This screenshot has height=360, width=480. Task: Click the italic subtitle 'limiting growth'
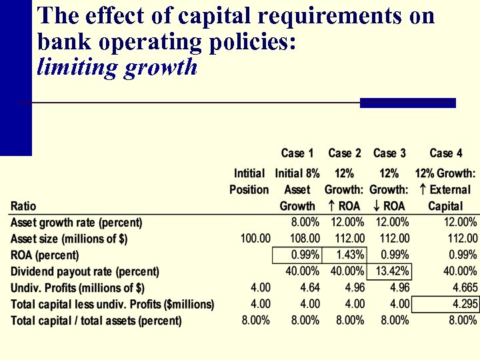click(117, 67)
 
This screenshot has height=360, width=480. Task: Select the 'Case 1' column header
click(297, 153)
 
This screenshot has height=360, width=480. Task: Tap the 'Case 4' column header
click(445, 153)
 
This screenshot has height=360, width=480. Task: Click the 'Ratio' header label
click(23, 206)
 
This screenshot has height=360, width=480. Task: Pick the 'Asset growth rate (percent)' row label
click(76, 222)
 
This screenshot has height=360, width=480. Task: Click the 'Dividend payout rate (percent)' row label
click(85, 271)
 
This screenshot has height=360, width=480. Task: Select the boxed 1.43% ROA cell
click(346, 255)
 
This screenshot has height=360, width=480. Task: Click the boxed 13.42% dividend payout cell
click(390, 271)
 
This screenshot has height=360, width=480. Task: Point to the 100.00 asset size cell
click(255, 238)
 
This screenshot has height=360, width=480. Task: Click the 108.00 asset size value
click(304, 238)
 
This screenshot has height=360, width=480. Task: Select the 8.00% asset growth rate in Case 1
click(305, 222)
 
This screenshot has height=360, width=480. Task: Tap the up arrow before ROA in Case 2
click(331, 206)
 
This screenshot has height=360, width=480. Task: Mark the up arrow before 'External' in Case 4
click(423, 189)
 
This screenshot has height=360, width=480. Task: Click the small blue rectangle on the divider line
click(407, 103)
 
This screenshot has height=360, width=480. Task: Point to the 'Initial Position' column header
click(249, 181)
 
